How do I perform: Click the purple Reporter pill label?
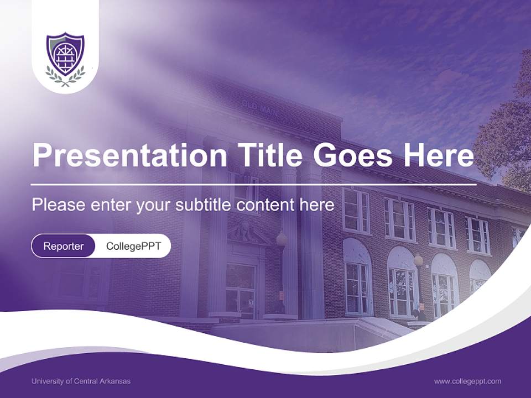(64, 246)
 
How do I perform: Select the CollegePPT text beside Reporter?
(133, 246)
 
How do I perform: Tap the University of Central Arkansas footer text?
(81, 381)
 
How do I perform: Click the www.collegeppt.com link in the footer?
(467, 381)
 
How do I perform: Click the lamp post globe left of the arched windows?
(282, 239)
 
